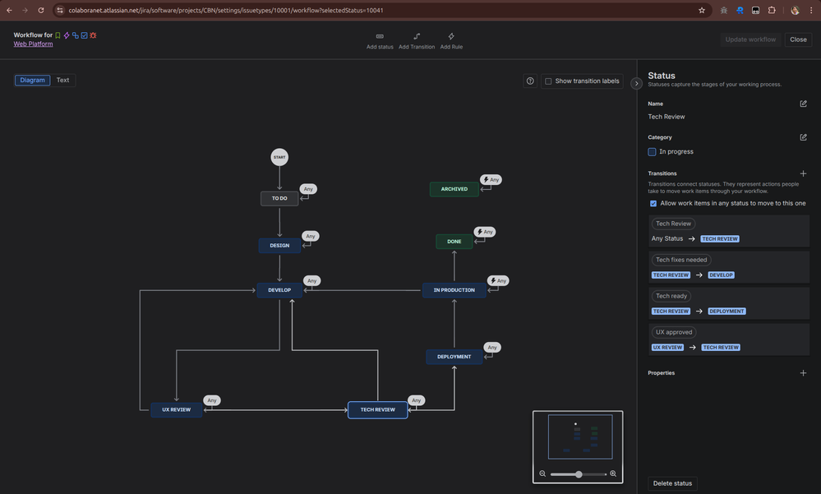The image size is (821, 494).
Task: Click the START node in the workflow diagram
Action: [279, 157]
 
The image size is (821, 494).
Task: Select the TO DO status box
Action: [279, 198]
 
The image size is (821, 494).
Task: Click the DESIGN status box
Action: [279, 245]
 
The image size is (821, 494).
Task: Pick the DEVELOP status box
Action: [279, 290]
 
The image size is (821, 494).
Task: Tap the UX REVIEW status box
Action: [176, 409]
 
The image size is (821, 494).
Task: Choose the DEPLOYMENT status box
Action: [454, 357]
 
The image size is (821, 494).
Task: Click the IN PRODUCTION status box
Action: [454, 290]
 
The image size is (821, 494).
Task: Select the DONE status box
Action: [454, 242]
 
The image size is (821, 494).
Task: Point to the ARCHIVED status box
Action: [454, 189]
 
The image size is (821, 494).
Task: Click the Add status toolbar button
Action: [380, 41]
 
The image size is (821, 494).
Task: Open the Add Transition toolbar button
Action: [417, 41]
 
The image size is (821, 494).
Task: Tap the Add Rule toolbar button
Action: [451, 41]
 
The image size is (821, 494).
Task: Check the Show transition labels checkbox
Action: [548, 81]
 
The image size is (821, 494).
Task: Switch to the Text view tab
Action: [62, 81]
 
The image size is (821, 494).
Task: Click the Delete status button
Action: [672, 483]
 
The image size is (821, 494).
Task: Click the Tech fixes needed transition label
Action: [681, 260]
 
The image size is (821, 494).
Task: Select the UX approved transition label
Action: [674, 332]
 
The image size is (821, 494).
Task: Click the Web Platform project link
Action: [33, 44]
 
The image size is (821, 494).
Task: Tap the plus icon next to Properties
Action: [803, 373]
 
